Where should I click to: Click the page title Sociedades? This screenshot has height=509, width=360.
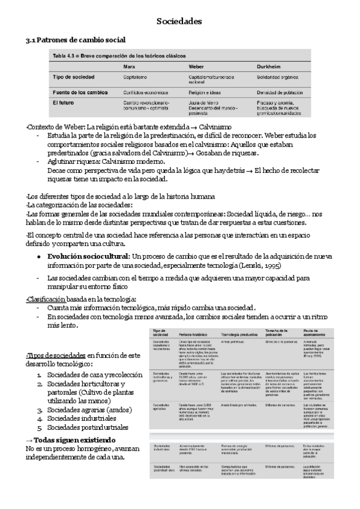click(179, 22)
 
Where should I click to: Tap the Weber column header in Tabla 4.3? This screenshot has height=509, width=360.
click(197, 66)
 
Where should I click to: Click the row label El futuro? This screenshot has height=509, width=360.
click(64, 103)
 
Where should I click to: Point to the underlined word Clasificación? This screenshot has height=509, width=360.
click(46, 299)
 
